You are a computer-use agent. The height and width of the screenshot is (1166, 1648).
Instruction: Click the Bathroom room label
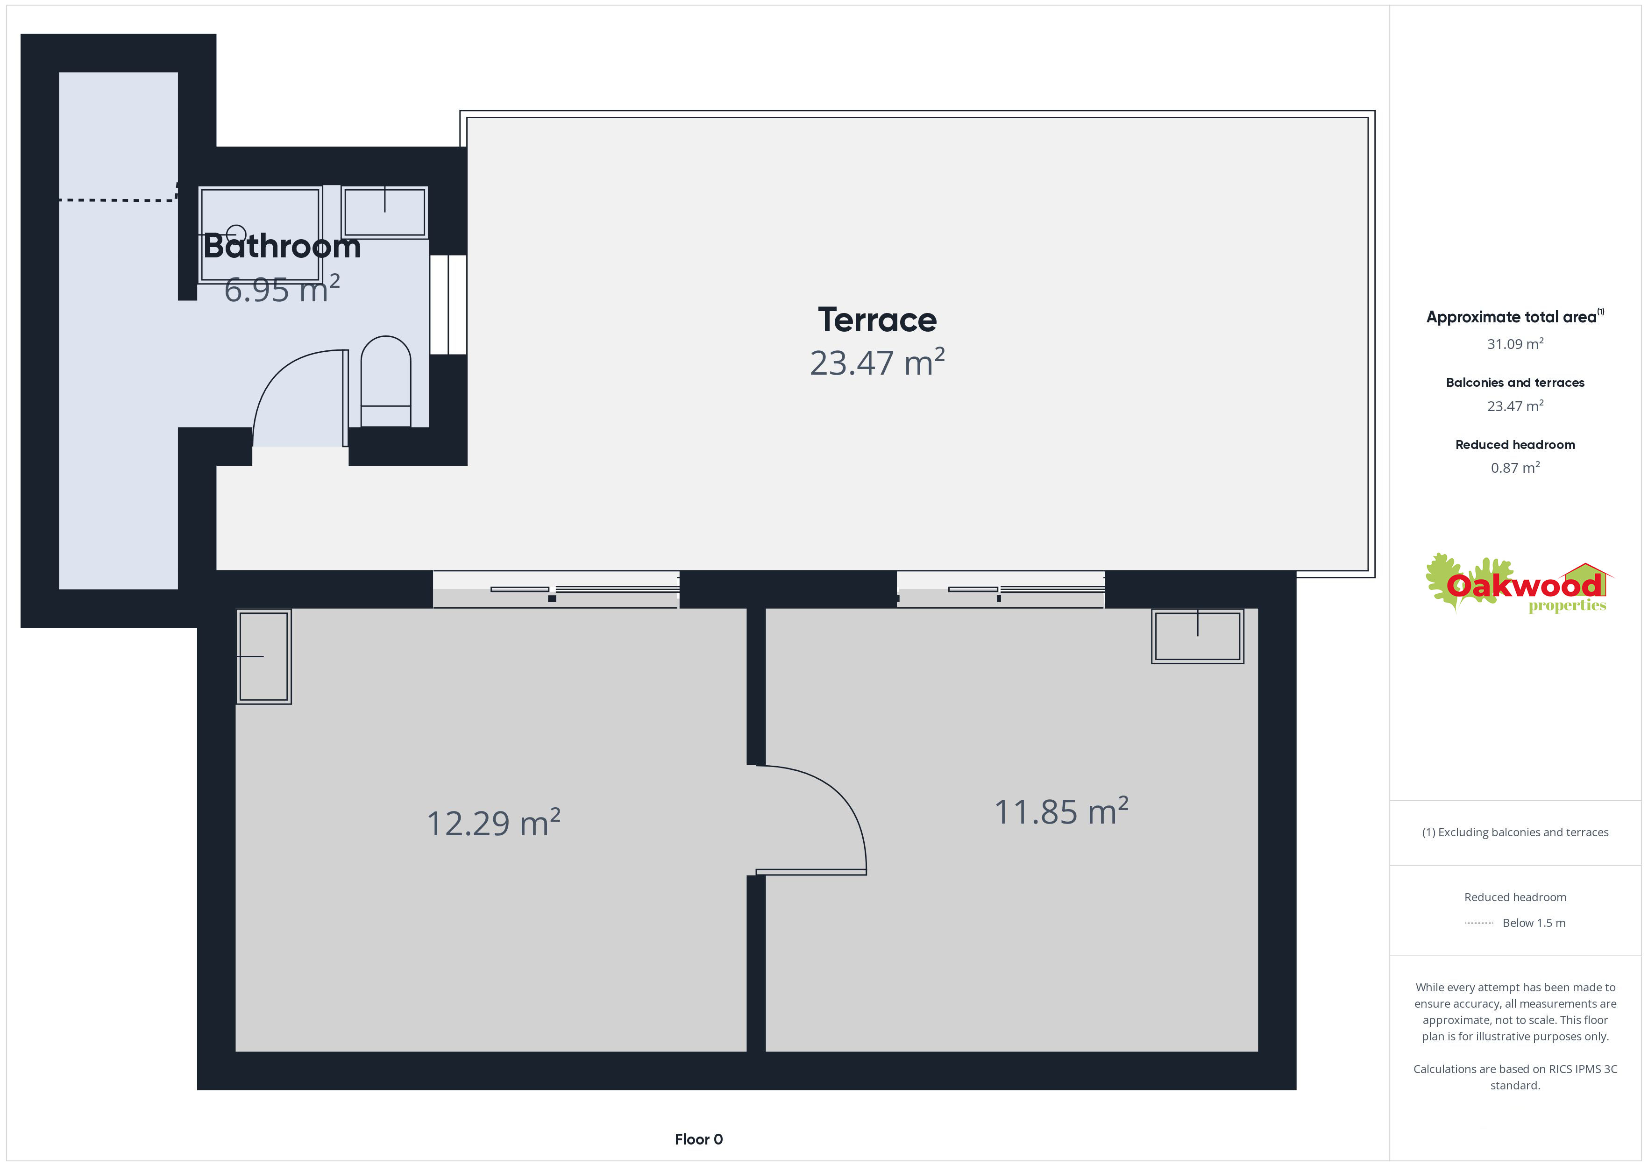click(x=282, y=246)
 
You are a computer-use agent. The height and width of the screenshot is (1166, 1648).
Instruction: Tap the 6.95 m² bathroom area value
click(x=281, y=289)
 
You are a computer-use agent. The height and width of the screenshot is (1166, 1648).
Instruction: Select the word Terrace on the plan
click(x=877, y=320)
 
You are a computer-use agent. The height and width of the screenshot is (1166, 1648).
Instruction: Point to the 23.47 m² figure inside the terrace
click(x=877, y=362)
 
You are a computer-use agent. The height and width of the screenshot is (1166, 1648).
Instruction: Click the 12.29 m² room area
click(x=493, y=823)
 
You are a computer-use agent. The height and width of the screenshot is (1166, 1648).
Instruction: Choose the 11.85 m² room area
click(x=1061, y=811)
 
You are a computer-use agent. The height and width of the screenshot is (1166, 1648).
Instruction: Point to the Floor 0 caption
click(x=698, y=1139)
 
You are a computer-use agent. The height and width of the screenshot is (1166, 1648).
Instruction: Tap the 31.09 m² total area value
click(x=1515, y=344)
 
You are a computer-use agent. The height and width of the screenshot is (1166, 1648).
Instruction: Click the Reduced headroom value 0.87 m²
click(x=1515, y=468)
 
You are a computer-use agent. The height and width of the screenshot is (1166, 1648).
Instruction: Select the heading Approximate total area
click(x=1514, y=317)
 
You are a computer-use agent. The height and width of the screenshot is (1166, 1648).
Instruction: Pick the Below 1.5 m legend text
click(x=1534, y=923)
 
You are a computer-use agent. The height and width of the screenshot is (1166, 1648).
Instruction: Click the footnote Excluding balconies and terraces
click(x=1515, y=832)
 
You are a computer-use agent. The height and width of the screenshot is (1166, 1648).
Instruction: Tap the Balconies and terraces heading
click(x=1515, y=383)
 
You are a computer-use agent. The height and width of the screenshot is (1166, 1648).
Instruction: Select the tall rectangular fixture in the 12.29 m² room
click(x=263, y=656)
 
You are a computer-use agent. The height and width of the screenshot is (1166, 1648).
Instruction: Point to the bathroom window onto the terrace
click(x=448, y=305)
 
